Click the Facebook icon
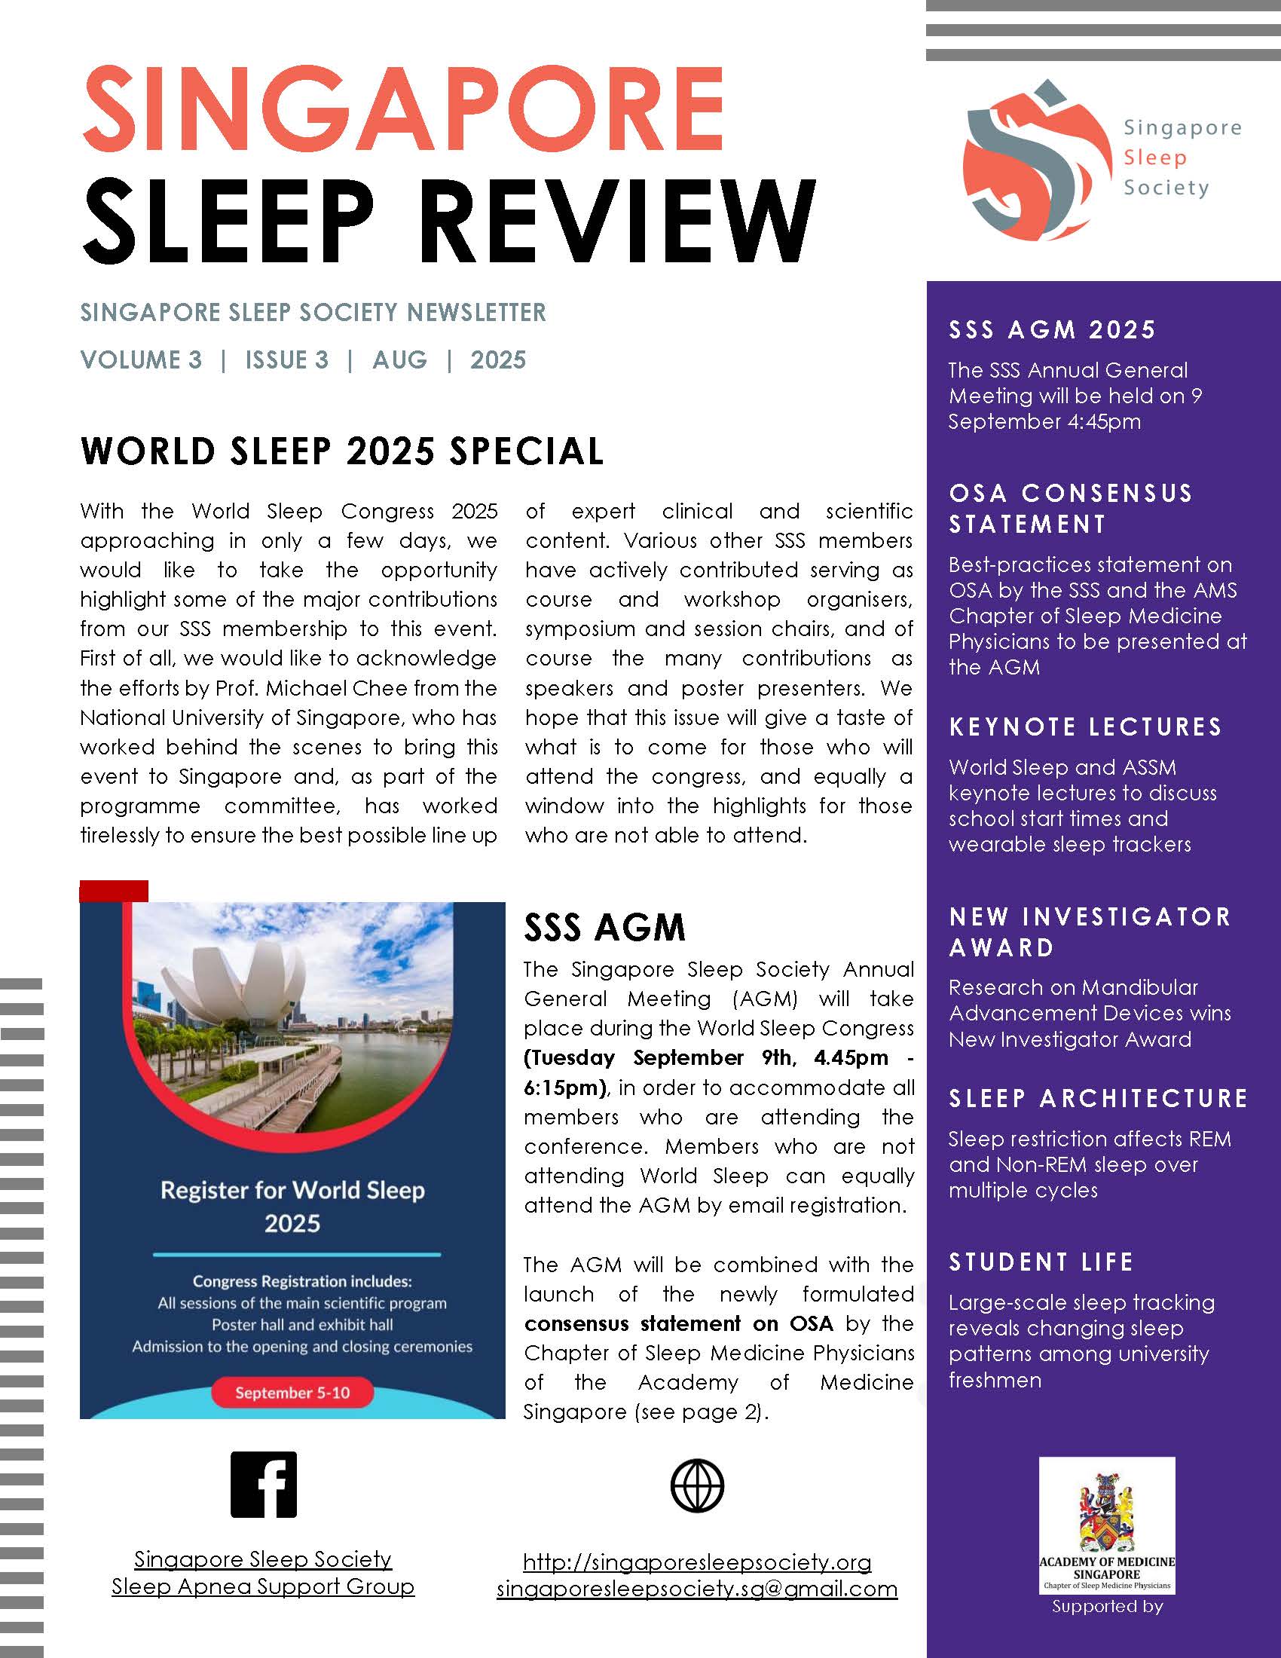[263, 1484]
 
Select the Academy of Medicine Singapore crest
[1105, 1512]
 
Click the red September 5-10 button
[292, 1392]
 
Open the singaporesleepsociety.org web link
[697, 1562]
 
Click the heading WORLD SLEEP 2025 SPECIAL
[342, 451]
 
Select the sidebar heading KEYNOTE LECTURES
[1085, 727]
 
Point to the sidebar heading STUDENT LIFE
[1041, 1262]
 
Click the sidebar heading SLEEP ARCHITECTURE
[1098, 1098]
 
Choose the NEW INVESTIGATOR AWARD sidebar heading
[1090, 931]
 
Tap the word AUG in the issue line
[400, 359]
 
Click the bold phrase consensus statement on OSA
[678, 1323]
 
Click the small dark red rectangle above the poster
[114, 891]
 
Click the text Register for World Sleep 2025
[292, 1207]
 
